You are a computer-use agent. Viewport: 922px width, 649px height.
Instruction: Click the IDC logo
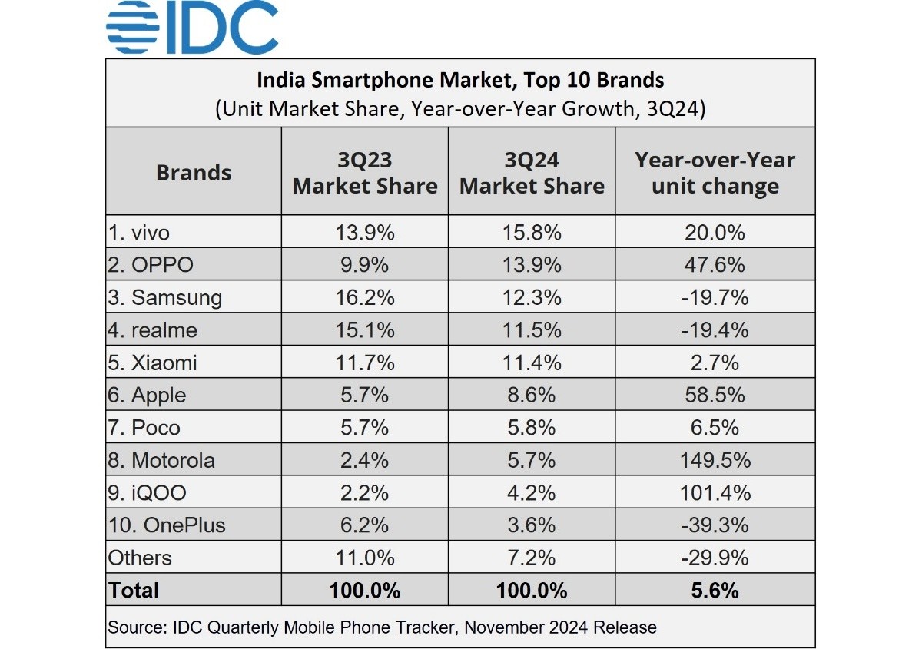[x=192, y=28]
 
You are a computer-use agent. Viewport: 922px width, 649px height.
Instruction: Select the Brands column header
[x=194, y=172]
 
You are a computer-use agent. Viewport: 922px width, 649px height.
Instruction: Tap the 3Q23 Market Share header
[x=365, y=173]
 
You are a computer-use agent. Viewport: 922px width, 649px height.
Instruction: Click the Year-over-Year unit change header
[x=715, y=173]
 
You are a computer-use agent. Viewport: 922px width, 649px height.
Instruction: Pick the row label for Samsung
[x=166, y=297]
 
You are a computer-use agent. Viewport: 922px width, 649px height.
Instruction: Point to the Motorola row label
[x=162, y=460]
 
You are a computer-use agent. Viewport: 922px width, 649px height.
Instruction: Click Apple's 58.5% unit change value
[x=715, y=395]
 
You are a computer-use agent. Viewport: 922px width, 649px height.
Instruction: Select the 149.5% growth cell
[x=715, y=460]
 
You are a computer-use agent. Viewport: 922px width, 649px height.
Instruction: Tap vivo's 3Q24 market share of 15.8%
[x=532, y=232]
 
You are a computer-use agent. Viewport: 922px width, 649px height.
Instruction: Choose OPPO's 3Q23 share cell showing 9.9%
[x=365, y=264]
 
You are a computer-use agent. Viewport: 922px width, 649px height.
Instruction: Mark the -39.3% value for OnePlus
[x=715, y=525]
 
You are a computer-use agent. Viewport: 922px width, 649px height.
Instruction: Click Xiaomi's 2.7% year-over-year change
[x=715, y=363]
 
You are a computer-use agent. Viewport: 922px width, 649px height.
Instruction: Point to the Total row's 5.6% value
[x=715, y=591]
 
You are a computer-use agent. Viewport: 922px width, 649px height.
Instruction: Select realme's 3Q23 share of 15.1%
[x=365, y=329]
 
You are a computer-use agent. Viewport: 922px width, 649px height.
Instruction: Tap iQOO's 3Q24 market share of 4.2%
[x=532, y=492]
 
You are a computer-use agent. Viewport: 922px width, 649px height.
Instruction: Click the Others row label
[x=140, y=558]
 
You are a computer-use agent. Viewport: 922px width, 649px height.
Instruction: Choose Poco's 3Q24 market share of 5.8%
[x=532, y=428]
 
